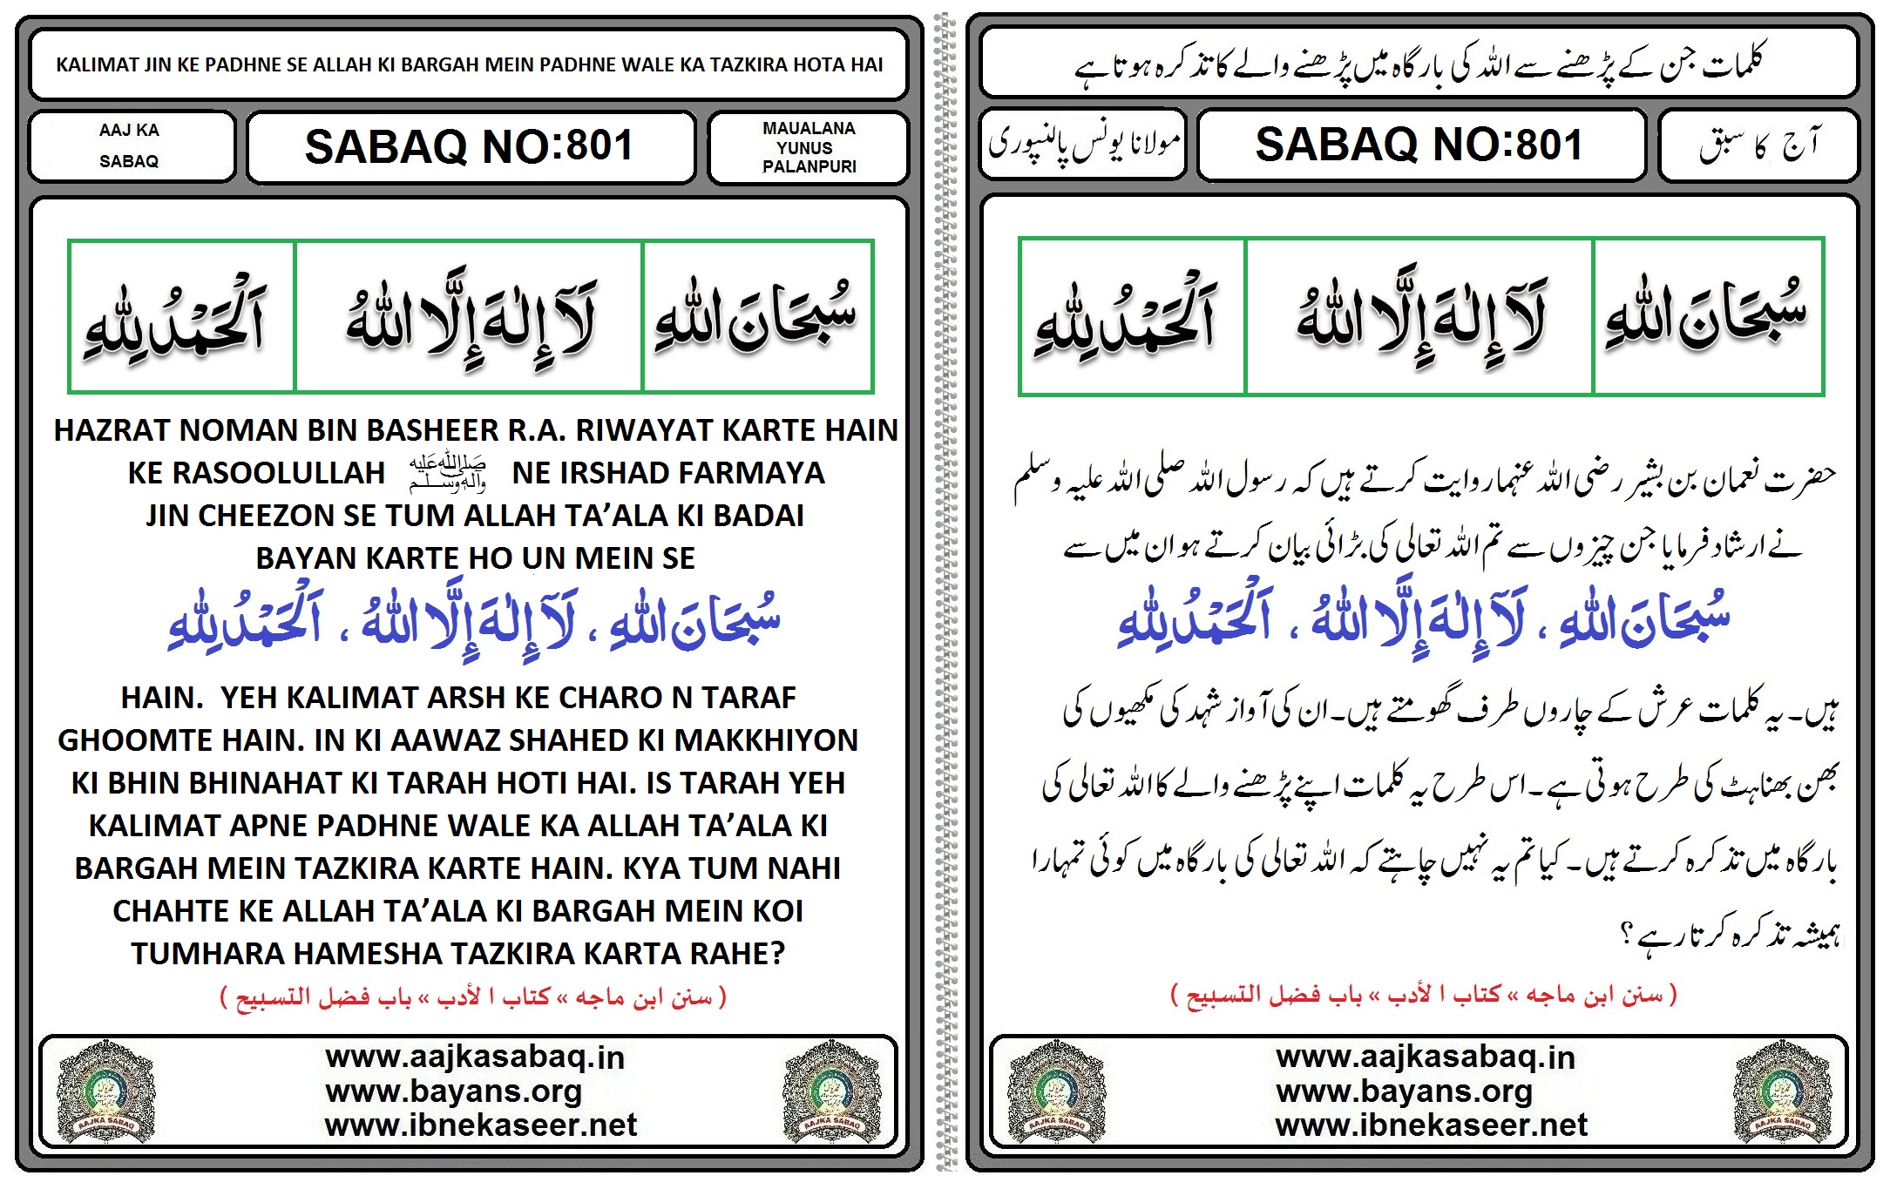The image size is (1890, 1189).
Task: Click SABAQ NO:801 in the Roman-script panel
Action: coord(470,146)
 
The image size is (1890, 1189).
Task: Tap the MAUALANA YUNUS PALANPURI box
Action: coord(809,147)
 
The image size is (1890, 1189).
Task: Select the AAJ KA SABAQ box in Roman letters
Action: coord(129,145)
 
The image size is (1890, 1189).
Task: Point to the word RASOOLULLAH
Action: coord(256,473)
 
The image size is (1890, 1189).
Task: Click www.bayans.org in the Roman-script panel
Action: coord(453,1091)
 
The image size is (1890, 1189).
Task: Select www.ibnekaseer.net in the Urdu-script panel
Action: coord(1431,1125)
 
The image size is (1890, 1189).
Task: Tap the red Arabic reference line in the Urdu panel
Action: coord(1423,995)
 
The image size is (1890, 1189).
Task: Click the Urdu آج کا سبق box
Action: coord(1758,145)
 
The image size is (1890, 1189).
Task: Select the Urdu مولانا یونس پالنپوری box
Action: coord(1083,144)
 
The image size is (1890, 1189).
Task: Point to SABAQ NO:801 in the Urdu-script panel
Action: coord(1419,145)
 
